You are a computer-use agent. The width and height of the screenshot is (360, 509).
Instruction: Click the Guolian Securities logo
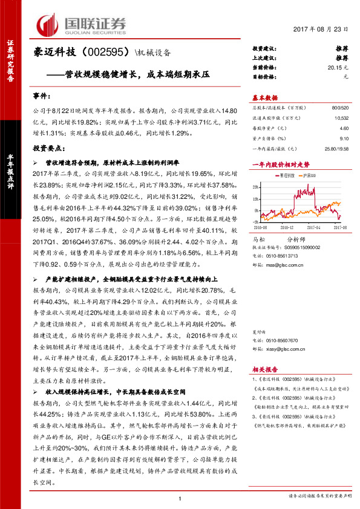coord(82,24)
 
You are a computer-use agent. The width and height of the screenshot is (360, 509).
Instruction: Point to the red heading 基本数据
coord(264,98)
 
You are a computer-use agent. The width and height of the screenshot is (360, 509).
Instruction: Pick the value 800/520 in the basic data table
coord(339,107)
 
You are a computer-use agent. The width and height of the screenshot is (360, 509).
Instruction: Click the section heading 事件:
coord(41,96)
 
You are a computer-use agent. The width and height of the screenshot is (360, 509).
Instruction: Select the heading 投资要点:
coord(48,147)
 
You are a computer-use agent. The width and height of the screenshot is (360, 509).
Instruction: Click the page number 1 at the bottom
coord(180,498)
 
